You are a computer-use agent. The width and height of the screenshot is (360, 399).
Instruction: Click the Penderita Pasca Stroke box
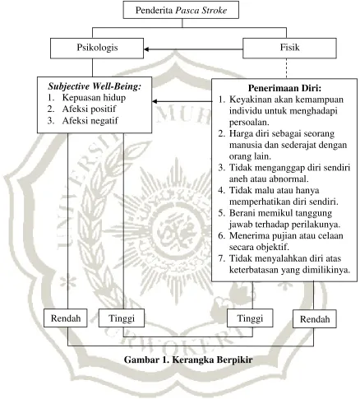[x=181, y=10]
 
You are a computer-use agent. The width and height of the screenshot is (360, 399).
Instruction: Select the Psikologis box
[x=97, y=49]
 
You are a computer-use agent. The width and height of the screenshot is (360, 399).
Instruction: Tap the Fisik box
[x=289, y=49]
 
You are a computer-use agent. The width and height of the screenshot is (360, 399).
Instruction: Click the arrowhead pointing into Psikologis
[x=146, y=49]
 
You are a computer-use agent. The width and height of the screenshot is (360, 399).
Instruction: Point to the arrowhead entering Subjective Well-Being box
[x=155, y=101]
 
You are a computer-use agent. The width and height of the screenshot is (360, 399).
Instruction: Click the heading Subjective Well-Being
[x=95, y=86]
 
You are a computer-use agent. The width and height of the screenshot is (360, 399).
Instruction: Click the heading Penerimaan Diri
[x=284, y=88]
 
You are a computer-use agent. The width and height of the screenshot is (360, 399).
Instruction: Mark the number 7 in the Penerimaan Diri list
[x=221, y=258]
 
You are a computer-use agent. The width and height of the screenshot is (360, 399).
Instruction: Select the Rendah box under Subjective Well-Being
[x=66, y=318]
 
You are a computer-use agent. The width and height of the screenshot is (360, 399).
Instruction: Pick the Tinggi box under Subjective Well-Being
[x=122, y=318]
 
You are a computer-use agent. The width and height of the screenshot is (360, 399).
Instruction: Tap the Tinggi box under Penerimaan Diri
[x=250, y=318]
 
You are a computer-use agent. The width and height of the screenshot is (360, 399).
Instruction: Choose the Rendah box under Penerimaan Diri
[x=315, y=319]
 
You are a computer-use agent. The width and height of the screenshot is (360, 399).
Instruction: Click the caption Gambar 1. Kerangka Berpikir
[x=188, y=360]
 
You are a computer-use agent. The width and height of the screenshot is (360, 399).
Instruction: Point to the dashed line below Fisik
[x=287, y=68]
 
